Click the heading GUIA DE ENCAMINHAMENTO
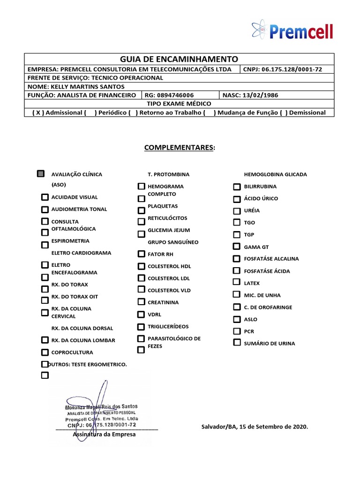point(179,59)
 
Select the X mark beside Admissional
point(37,112)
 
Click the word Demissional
point(307,112)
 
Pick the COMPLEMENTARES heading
point(180,148)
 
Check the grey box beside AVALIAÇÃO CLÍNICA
point(41,174)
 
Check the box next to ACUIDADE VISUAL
point(45,197)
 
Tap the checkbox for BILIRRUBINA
point(237,186)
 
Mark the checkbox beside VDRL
point(141,315)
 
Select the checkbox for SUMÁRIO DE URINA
point(237,343)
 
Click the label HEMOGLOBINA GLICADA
point(272,174)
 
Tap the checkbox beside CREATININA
point(141,302)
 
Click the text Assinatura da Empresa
point(104,435)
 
